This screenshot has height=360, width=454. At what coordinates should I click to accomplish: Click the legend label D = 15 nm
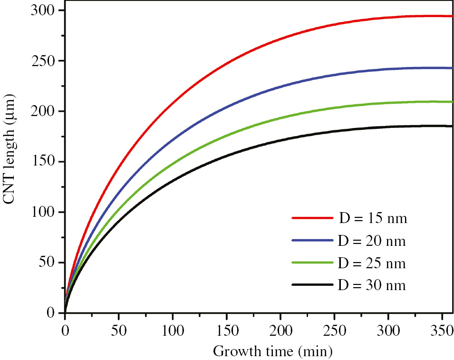[x=373, y=219]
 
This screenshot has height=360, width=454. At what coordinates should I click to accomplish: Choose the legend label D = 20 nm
[x=373, y=241]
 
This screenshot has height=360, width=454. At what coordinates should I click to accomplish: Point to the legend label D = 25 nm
[x=373, y=263]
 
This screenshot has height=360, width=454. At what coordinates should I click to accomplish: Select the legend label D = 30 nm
[x=373, y=285]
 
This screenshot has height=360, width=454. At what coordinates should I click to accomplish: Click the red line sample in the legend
[x=311, y=218]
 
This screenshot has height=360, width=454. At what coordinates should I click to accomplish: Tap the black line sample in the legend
[x=311, y=284]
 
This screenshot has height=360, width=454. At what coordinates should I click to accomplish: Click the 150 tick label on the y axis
[x=46, y=162]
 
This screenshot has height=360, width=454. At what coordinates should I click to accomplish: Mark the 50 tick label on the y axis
[x=49, y=263]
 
